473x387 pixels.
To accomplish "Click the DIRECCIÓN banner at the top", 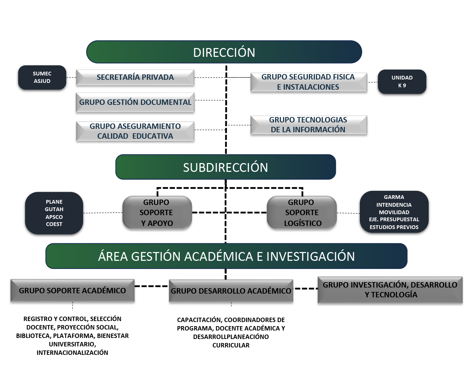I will tap(224, 52).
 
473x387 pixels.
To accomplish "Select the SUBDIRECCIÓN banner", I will tap(225, 167).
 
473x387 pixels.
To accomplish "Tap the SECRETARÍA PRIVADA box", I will tap(135, 77).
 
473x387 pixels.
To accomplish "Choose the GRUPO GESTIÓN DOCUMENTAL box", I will tap(135, 102).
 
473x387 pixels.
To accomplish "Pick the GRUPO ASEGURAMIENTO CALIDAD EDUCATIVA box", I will tap(135, 131).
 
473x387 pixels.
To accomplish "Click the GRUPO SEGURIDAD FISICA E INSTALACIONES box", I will tap(308, 82).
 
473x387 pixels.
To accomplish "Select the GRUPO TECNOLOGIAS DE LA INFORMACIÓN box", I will tap(308, 125).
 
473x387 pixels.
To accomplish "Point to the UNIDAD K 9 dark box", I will tap(402, 82).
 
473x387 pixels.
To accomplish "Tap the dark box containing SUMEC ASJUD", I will tap(42, 77).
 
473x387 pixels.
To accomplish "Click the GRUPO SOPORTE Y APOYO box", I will tap(157, 213).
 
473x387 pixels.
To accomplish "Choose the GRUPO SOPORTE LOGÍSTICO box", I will tap(302, 213).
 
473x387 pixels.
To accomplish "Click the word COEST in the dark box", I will tap(54, 224).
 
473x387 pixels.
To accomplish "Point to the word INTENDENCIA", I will tap(394, 205).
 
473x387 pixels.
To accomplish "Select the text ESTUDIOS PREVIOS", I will tap(394, 227).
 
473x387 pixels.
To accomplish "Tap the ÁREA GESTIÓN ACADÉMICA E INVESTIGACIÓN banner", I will tap(226, 256).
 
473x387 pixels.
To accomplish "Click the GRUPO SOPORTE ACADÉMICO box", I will tap(72, 291).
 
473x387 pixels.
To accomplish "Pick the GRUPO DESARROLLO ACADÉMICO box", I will tap(231, 291).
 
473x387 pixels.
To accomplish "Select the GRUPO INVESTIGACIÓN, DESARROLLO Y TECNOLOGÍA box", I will tap(390, 290).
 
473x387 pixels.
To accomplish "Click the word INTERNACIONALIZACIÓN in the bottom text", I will tap(72, 353).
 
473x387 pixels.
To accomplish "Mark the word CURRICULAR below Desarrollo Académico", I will tap(231, 345).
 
